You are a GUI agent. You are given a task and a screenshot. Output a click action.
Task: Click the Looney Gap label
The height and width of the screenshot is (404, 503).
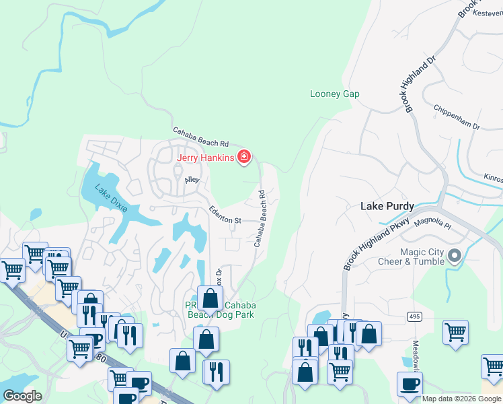click(334, 94)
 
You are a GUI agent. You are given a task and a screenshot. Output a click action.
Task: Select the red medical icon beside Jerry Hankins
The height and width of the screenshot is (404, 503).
click(244, 158)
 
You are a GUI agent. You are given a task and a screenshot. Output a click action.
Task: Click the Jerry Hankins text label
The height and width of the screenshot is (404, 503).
click(205, 158)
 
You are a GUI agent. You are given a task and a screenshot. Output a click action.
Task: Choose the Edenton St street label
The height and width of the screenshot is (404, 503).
click(225, 215)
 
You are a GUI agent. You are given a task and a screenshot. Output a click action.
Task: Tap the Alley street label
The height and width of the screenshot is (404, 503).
click(194, 180)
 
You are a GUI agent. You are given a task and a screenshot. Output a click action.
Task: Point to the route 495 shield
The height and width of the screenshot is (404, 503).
click(414, 316)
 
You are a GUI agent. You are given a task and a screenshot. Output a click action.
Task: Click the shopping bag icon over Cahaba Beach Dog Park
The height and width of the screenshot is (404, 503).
click(210, 298)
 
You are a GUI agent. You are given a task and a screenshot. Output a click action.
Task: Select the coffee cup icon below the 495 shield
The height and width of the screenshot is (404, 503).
click(410, 384)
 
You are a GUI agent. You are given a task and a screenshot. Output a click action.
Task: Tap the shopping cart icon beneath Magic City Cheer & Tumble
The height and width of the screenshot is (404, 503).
click(456, 333)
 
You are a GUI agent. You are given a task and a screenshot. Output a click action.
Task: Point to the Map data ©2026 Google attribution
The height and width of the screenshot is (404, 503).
click(461, 399)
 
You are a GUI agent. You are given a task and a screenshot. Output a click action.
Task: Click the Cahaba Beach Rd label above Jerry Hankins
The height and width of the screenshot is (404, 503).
click(201, 137)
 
